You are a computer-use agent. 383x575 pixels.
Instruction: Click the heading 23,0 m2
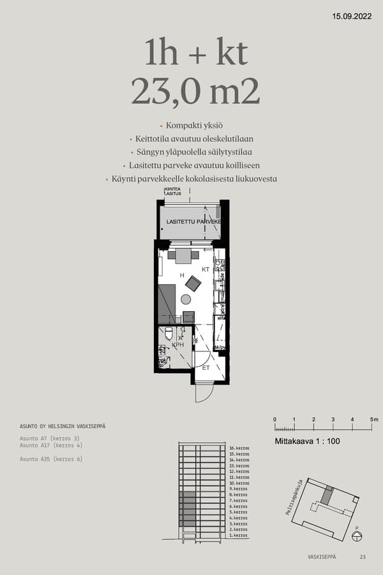pyautogui.click(x=195, y=92)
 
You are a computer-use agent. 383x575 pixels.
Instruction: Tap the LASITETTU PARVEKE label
pyautogui.click(x=193, y=222)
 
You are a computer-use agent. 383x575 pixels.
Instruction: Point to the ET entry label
pyautogui.click(x=206, y=368)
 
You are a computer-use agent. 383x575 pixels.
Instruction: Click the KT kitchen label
pyautogui.click(x=206, y=270)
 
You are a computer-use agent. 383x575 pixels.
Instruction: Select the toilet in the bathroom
pyautogui.click(x=169, y=333)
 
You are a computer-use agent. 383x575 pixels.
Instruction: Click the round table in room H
pyautogui.click(x=186, y=299)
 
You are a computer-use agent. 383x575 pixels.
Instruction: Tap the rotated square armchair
pyautogui.click(x=193, y=283)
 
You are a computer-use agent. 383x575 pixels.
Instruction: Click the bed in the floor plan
pyautogui.click(x=167, y=303)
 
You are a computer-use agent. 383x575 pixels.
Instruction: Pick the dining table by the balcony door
pyautogui.click(x=183, y=256)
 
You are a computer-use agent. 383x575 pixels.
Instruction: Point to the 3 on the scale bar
pyautogui.click(x=333, y=419)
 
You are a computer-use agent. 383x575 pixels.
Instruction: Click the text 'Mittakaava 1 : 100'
pyautogui.click(x=306, y=441)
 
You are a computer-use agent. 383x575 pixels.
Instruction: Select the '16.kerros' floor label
pyautogui.click(x=239, y=449)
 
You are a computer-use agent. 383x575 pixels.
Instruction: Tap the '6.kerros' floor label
pyautogui.click(x=239, y=506)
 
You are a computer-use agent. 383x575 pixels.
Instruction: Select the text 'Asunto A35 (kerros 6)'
pyautogui.click(x=51, y=459)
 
